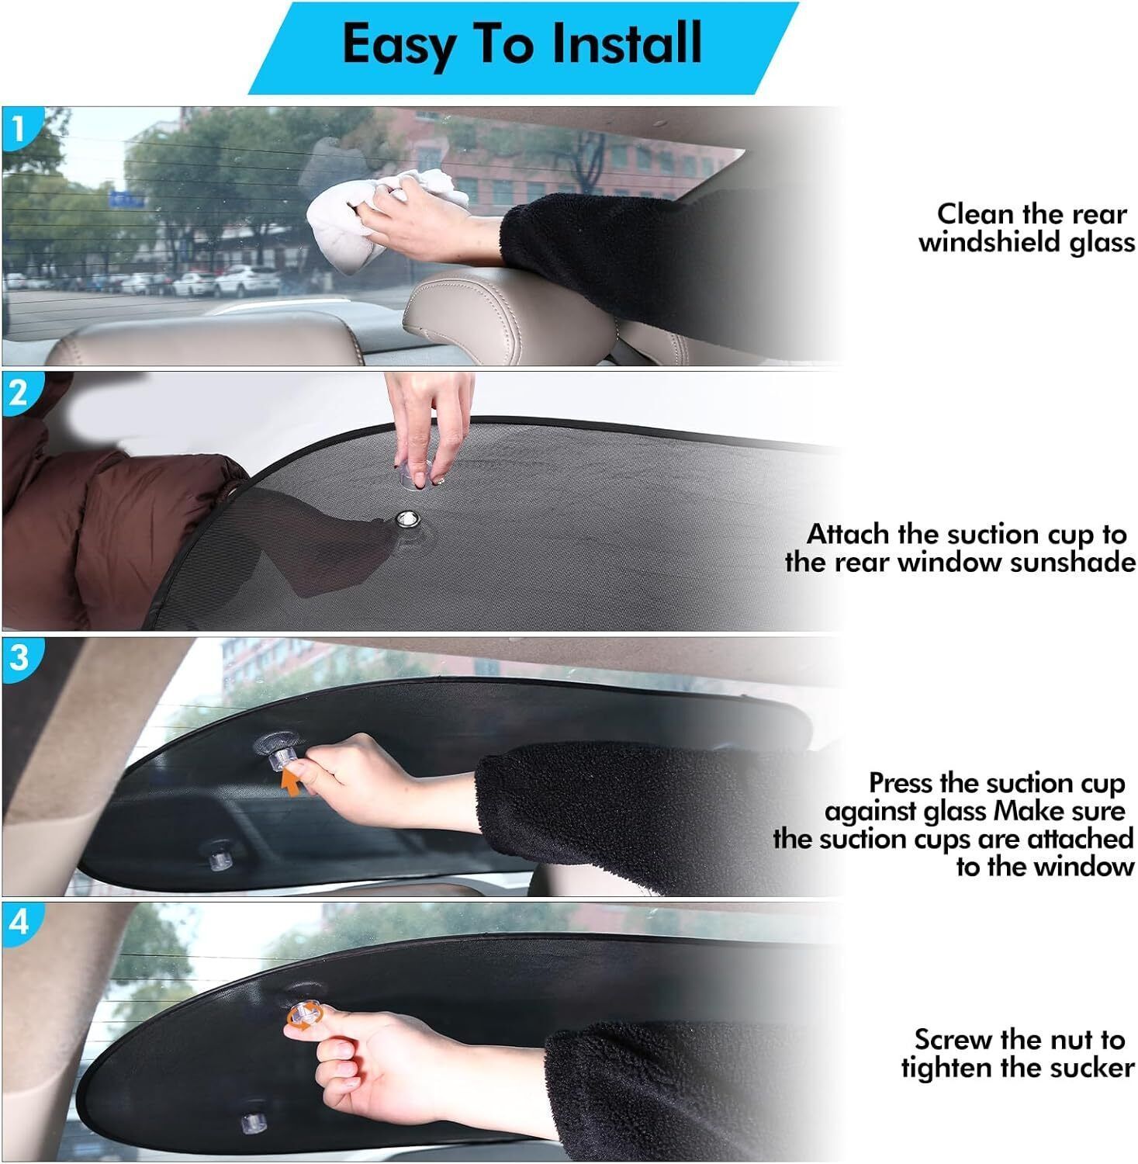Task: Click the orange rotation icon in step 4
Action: [x=301, y=1016]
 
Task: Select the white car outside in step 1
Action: [x=237, y=281]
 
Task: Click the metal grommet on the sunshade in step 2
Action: [x=405, y=519]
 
